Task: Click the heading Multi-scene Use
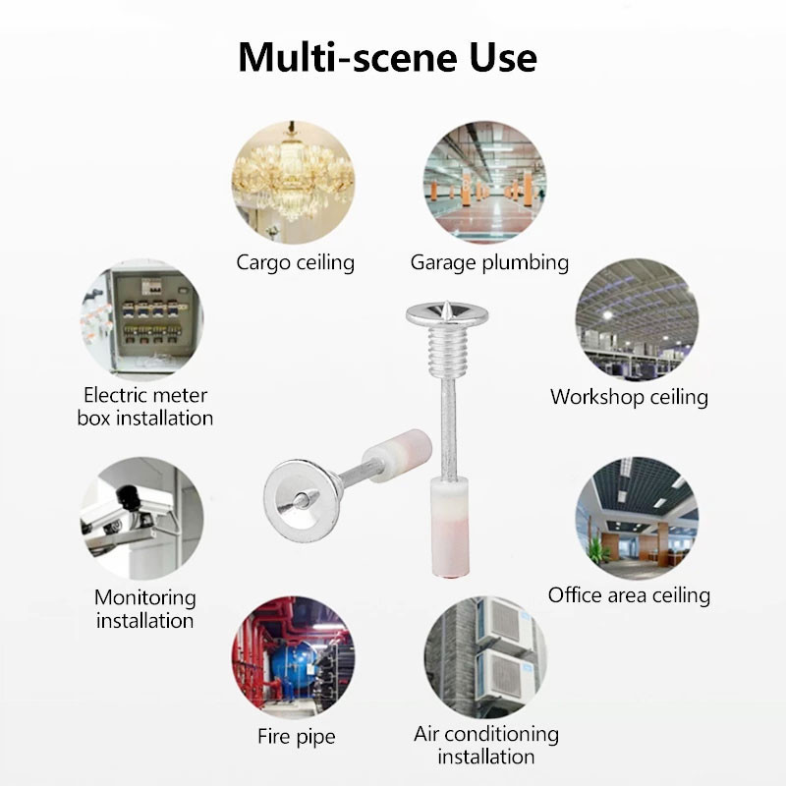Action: point(387,57)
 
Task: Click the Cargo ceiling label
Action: point(295,262)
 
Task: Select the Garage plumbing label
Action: point(489,262)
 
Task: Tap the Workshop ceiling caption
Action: point(629,397)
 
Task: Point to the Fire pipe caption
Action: point(296,736)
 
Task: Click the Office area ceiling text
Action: point(629,594)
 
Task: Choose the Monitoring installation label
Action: point(145,608)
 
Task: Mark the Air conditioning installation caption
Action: point(486,745)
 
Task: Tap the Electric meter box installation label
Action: point(145,406)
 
